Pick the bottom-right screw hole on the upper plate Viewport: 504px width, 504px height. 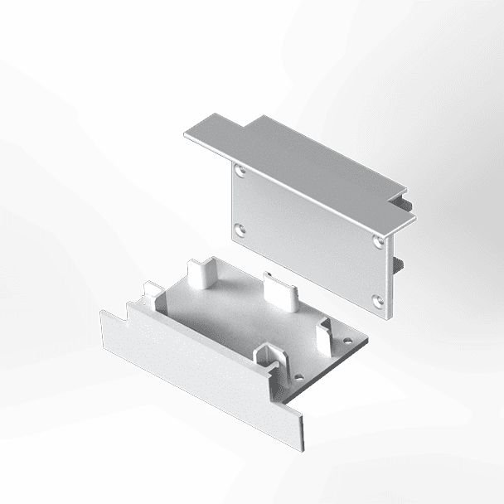point(378,299)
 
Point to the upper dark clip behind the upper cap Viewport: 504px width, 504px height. point(404,202)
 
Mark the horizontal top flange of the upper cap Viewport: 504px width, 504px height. point(298,166)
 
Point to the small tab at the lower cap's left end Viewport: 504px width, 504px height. point(152,292)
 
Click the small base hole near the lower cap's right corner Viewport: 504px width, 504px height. point(346,340)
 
